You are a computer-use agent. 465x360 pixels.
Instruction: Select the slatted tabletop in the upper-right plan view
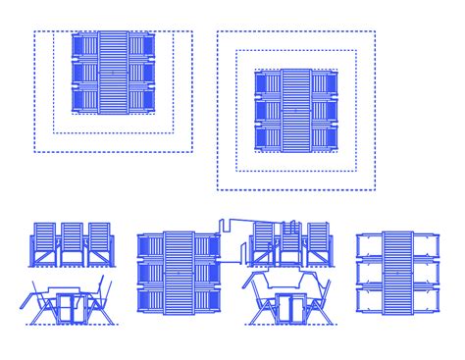click(x=295, y=111)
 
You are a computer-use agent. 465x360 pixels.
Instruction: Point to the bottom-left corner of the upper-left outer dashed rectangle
click(x=35, y=152)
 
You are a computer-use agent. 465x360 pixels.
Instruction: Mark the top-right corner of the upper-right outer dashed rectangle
click(x=375, y=31)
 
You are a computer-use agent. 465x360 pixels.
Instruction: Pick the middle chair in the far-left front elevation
click(x=73, y=243)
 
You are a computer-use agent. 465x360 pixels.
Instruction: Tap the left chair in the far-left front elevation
click(x=45, y=243)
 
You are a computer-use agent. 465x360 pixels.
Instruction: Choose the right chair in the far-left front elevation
click(x=100, y=243)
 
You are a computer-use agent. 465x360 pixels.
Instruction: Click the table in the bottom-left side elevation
click(x=69, y=304)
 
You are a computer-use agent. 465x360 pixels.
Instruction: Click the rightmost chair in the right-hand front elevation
click(x=318, y=243)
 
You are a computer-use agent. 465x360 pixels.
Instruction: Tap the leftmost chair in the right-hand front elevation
click(x=262, y=243)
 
